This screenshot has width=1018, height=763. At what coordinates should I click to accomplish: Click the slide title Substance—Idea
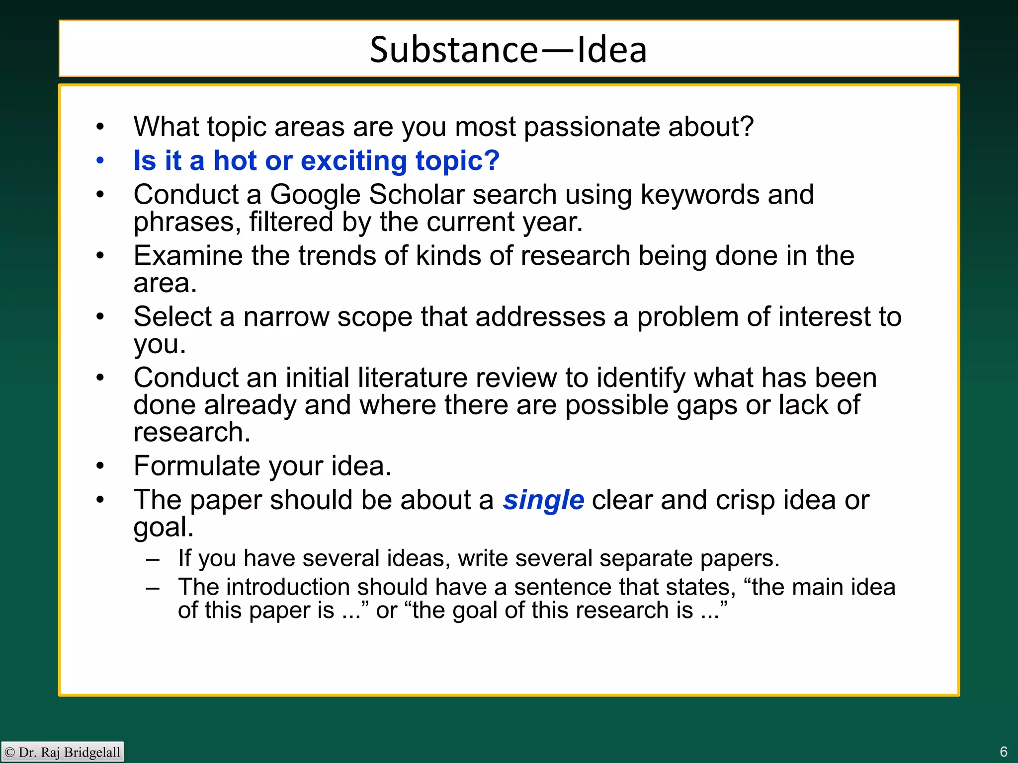[x=508, y=50]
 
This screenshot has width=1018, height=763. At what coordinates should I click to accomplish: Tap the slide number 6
[x=1003, y=751]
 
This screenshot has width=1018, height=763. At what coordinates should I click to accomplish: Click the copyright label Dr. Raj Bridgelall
[x=63, y=752]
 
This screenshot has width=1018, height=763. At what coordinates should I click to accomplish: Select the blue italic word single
[x=543, y=500]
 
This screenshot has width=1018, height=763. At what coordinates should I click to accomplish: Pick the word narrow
[x=286, y=316]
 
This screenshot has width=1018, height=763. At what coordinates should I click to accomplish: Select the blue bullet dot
[x=100, y=160]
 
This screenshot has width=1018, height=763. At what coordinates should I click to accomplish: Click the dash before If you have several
[x=153, y=559]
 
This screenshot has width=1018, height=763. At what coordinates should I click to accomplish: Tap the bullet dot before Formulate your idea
[x=100, y=466]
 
